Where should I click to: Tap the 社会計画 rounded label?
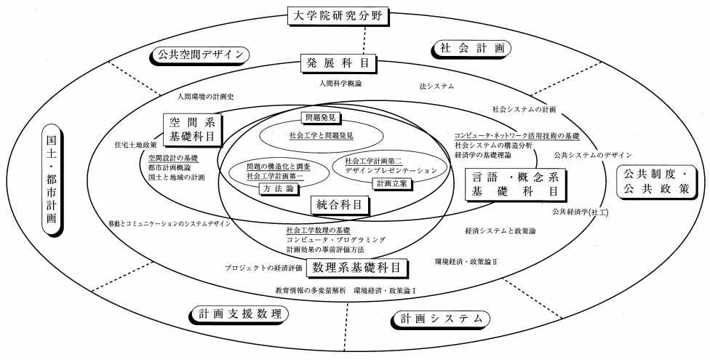click(x=474, y=48)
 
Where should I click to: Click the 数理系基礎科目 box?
click(x=356, y=268)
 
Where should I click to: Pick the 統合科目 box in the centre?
click(x=339, y=204)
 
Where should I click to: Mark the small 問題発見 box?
click(x=321, y=116)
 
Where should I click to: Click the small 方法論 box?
click(x=274, y=188)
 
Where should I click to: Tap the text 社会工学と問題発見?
click(x=321, y=135)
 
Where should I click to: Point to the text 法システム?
click(x=436, y=86)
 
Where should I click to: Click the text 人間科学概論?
click(x=340, y=84)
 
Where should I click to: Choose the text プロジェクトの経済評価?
click(x=263, y=268)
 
